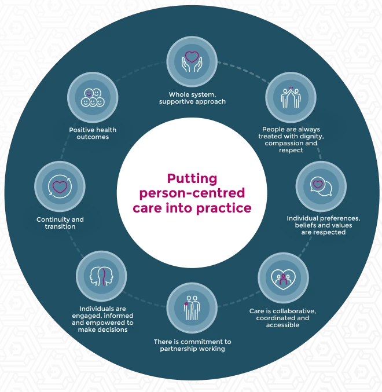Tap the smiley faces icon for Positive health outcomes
(93, 97)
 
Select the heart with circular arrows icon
(60, 186)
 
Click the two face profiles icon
(101, 276)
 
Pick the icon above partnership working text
(192, 307)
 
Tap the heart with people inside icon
(283, 278)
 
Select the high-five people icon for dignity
(291, 97)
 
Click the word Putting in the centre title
(192, 179)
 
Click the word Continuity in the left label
(52, 219)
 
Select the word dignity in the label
(310, 136)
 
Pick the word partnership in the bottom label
(181, 349)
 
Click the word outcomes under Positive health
(93, 137)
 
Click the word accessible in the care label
(282, 325)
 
